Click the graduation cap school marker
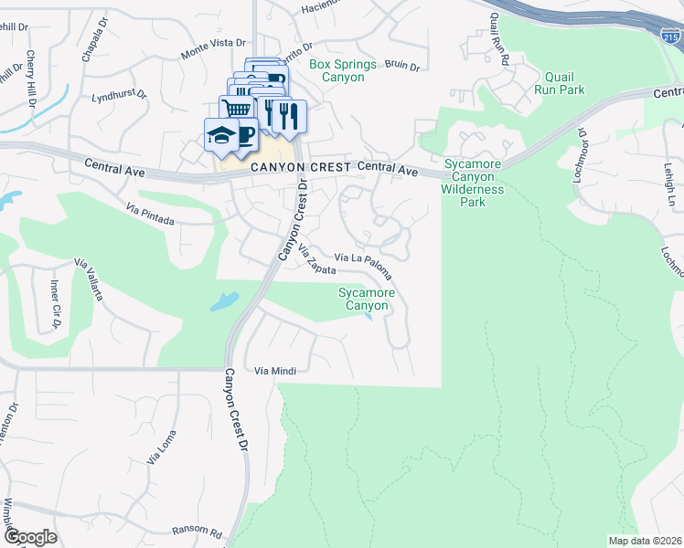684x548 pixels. tap(221, 135)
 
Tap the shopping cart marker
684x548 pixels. tap(236, 109)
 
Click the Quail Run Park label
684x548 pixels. tap(563, 84)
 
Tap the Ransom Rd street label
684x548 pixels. tap(197, 532)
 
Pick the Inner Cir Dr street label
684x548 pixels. tap(55, 303)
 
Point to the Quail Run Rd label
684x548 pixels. tap(499, 49)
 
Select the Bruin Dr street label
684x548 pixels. tap(401, 65)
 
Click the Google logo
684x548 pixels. tap(29, 536)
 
